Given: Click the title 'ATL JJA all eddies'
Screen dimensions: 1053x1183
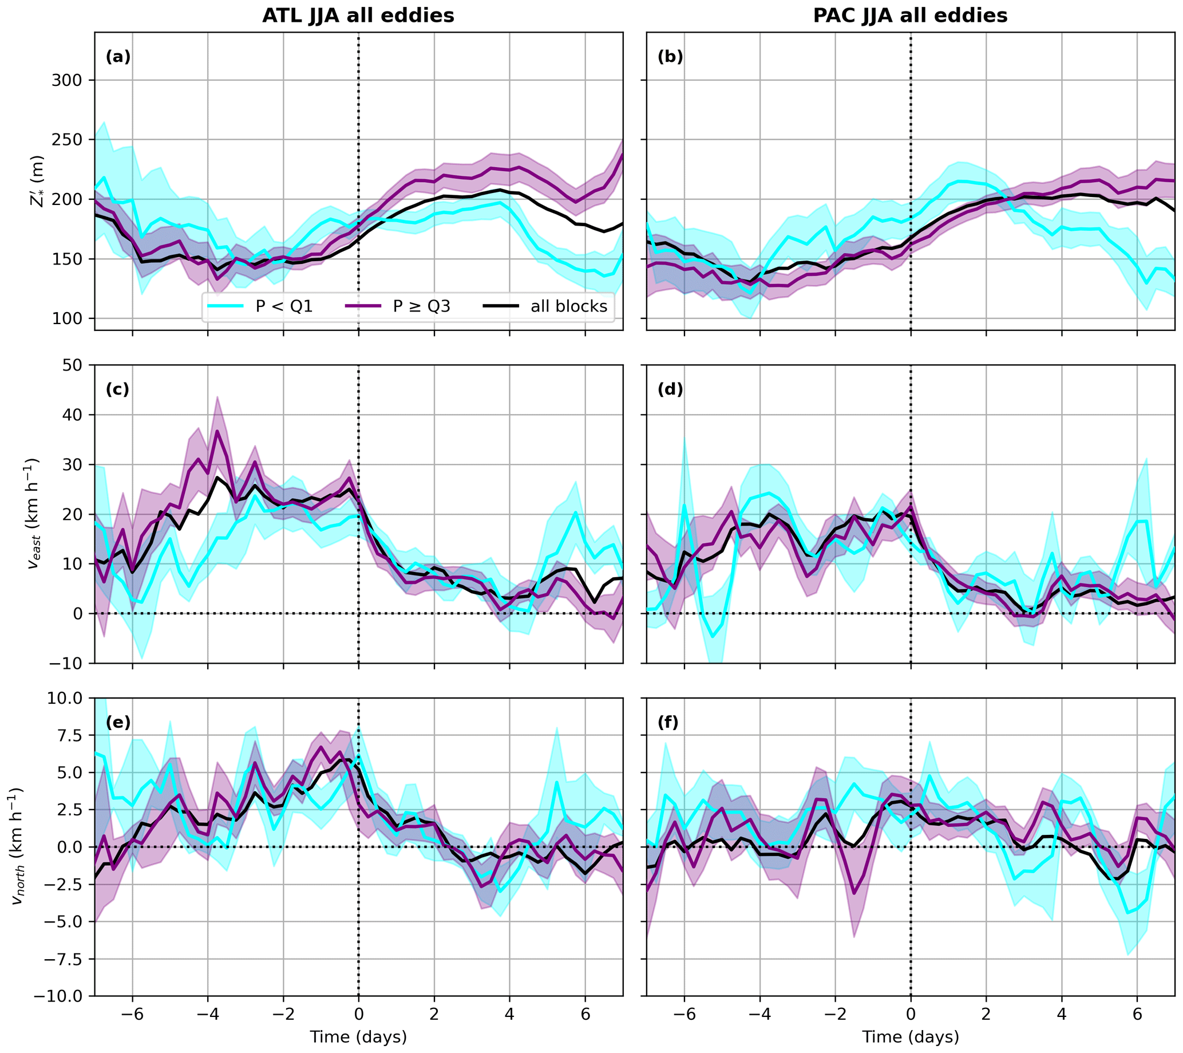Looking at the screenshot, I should pyautogui.click(x=358, y=15).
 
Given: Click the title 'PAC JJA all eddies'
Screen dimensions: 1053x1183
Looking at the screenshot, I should pyautogui.click(x=911, y=15).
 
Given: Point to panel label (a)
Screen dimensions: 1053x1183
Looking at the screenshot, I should pyautogui.click(x=118, y=57).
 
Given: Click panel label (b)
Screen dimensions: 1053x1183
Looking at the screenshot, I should pyautogui.click(x=670, y=57).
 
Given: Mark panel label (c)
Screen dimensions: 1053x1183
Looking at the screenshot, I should pyautogui.click(x=118, y=389).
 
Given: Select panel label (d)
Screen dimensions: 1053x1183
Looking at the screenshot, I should pyautogui.click(x=670, y=389).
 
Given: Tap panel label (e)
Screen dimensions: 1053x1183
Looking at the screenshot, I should pyautogui.click(x=118, y=723).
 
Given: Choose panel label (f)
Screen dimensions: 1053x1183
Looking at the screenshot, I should pyautogui.click(x=670, y=723).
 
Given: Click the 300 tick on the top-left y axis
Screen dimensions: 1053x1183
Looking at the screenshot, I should pyautogui.click(x=66, y=80).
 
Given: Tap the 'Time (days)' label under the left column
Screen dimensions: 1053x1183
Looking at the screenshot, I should pyautogui.click(x=358, y=1037).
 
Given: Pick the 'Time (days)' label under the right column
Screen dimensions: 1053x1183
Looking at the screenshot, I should pyautogui.click(x=911, y=1037).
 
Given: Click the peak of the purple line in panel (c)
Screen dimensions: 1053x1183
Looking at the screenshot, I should pyautogui.click(x=217, y=431).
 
